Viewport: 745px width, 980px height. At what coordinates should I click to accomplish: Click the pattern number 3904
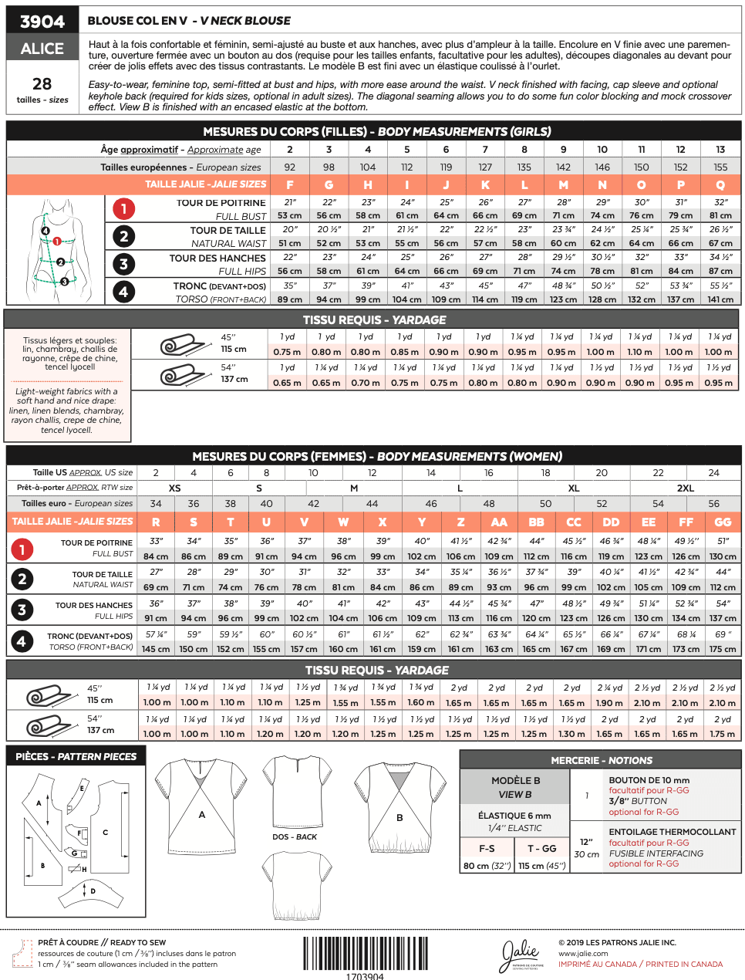click(x=42, y=21)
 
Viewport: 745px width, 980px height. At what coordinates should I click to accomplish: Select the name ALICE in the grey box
click(x=42, y=49)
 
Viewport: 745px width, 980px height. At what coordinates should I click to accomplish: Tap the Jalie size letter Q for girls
click(x=720, y=184)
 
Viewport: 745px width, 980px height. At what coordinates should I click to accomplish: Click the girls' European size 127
click(x=485, y=167)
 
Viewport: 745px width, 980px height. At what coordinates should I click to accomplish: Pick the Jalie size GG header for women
click(x=723, y=522)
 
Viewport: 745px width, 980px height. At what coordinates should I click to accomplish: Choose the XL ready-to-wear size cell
click(x=574, y=488)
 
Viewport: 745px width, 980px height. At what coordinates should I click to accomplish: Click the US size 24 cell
click(x=713, y=472)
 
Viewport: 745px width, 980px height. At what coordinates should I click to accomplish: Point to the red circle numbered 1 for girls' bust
click(x=123, y=208)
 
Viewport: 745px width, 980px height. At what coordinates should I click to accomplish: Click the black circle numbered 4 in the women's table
click(x=22, y=640)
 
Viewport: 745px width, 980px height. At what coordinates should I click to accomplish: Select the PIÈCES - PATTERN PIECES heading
click(x=76, y=756)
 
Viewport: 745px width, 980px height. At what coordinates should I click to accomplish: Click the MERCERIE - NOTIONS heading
click(x=601, y=760)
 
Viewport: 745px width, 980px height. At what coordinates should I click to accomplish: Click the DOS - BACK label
click(x=295, y=836)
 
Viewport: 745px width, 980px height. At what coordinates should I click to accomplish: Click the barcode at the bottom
click(x=365, y=953)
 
